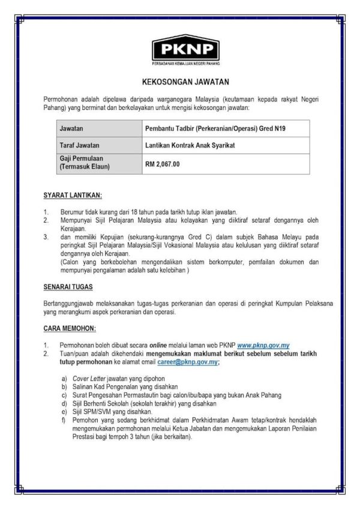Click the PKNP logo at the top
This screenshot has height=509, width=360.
coord(185,50)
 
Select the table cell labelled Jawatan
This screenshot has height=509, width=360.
coord(72,128)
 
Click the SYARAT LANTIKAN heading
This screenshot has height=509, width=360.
coord(73,196)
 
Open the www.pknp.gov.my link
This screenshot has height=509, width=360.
coord(263,346)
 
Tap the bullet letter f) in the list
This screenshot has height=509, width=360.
coord(64,421)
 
